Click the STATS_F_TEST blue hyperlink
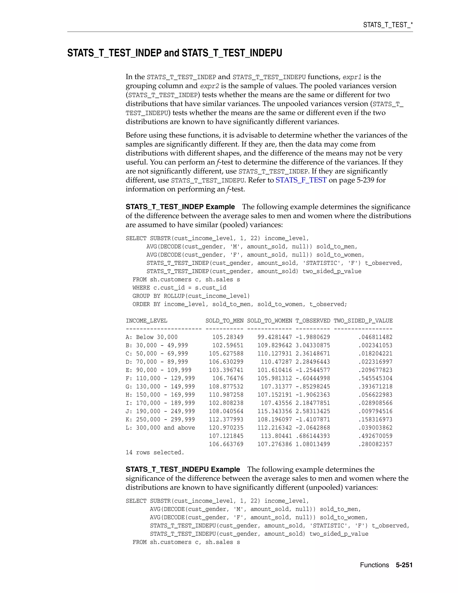(301, 180)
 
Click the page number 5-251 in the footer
(404, 565)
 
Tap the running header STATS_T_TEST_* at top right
(388, 25)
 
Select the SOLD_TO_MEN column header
(224, 321)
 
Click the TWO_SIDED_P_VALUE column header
(363, 321)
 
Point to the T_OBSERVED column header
(313, 321)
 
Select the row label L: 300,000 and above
(160, 428)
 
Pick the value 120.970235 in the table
(226, 428)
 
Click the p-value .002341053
(375, 345)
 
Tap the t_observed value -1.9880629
(313, 337)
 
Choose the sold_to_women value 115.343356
(275, 411)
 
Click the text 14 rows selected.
(155, 452)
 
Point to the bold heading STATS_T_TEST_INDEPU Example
(183, 469)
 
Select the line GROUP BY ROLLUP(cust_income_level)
(191, 296)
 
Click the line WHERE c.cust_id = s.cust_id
(179, 288)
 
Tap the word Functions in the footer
(374, 565)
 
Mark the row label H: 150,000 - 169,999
(160, 395)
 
